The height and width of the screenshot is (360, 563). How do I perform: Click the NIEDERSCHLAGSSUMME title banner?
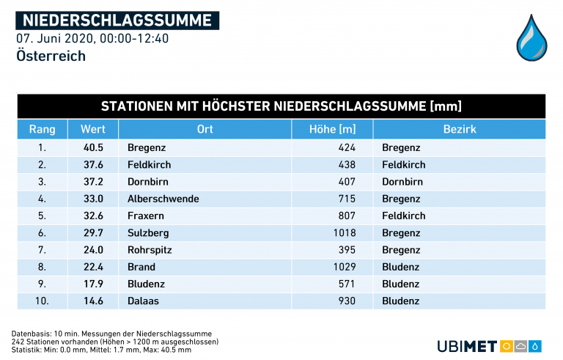(x=117, y=20)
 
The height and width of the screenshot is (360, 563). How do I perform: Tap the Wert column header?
(x=93, y=130)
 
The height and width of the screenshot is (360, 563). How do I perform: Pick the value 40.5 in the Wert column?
(x=93, y=147)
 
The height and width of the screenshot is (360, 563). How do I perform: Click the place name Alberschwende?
(x=163, y=199)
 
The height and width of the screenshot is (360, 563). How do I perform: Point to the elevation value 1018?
(x=342, y=233)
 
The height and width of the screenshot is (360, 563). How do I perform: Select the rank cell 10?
(x=42, y=301)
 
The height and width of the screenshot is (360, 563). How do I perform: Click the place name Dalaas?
(x=143, y=301)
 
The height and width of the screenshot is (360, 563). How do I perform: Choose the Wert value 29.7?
(x=93, y=233)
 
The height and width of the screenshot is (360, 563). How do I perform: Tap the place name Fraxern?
(x=146, y=216)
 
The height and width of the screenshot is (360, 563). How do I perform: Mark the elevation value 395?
(x=346, y=250)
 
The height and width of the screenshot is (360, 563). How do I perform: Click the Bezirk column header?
(x=460, y=130)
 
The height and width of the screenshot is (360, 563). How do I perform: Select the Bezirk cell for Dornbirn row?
(x=402, y=182)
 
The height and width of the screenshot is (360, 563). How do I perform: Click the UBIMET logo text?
(x=467, y=346)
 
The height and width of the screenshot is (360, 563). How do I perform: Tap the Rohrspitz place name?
(x=150, y=250)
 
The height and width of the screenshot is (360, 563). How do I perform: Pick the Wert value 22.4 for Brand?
(x=93, y=267)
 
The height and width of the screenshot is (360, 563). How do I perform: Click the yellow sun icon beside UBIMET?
(x=506, y=346)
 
